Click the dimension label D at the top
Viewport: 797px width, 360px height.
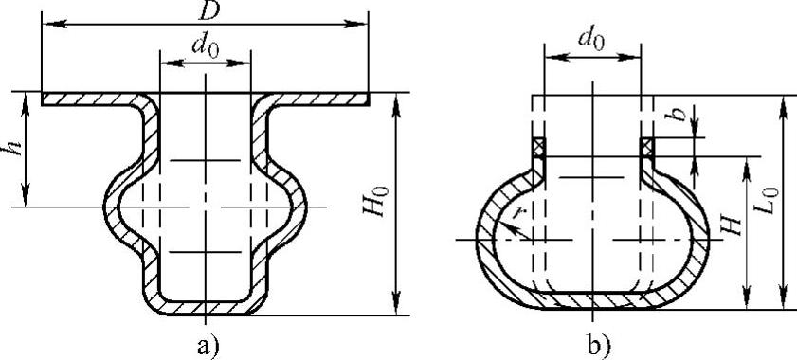point(207,11)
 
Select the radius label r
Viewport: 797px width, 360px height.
point(518,213)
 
